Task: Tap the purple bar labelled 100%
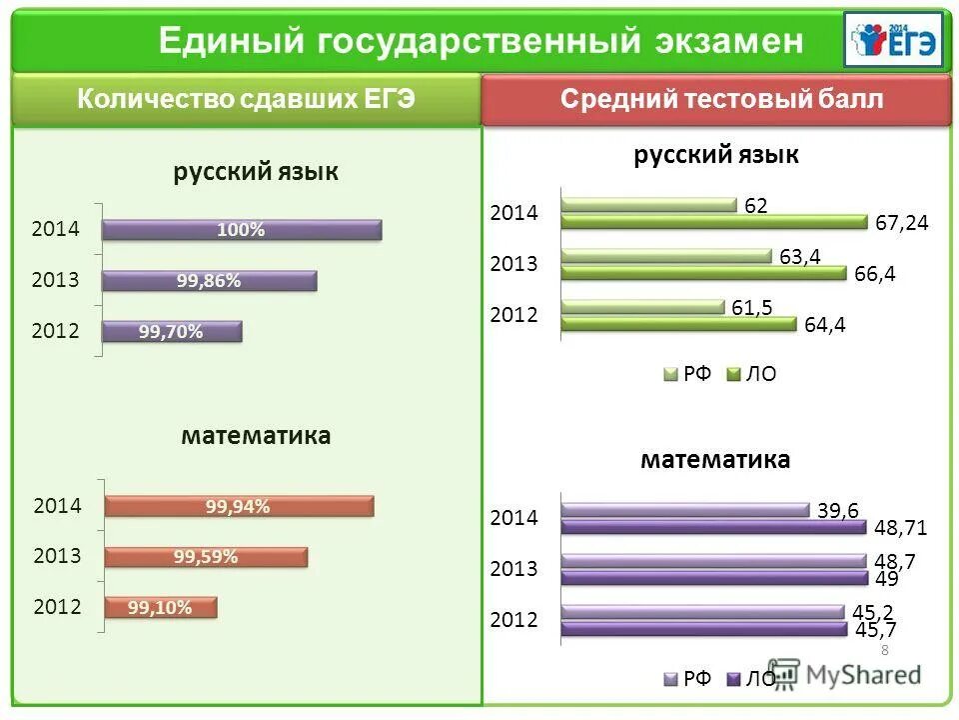point(242,230)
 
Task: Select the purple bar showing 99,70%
point(172,332)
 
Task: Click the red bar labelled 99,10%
point(160,607)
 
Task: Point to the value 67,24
point(902,223)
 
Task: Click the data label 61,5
point(751,307)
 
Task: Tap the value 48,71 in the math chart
point(902,528)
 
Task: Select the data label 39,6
point(838,510)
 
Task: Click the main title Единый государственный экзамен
point(480,41)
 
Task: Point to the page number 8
point(884,650)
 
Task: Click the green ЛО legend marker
point(731,375)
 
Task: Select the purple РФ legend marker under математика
point(670,679)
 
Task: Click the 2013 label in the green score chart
point(513,264)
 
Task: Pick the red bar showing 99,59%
point(206,557)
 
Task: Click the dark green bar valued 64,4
point(678,323)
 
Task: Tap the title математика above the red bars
point(256,436)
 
